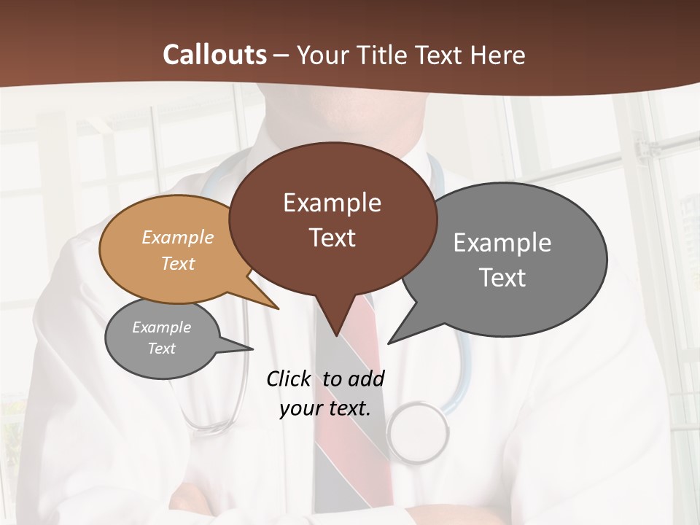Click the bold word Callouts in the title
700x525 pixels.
[x=214, y=55]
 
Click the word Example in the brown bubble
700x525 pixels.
[x=332, y=203]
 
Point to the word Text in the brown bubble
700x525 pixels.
[x=332, y=238]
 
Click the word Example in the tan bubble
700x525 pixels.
[x=178, y=237]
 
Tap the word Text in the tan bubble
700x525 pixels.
[x=178, y=263]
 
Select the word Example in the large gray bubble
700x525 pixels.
[x=502, y=243]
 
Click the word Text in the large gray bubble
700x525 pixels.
[x=502, y=278]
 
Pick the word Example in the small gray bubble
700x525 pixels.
[x=161, y=327]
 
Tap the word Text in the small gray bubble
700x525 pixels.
[x=161, y=349]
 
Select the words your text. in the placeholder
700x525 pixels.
[x=325, y=408]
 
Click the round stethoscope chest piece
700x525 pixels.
[x=418, y=432]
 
